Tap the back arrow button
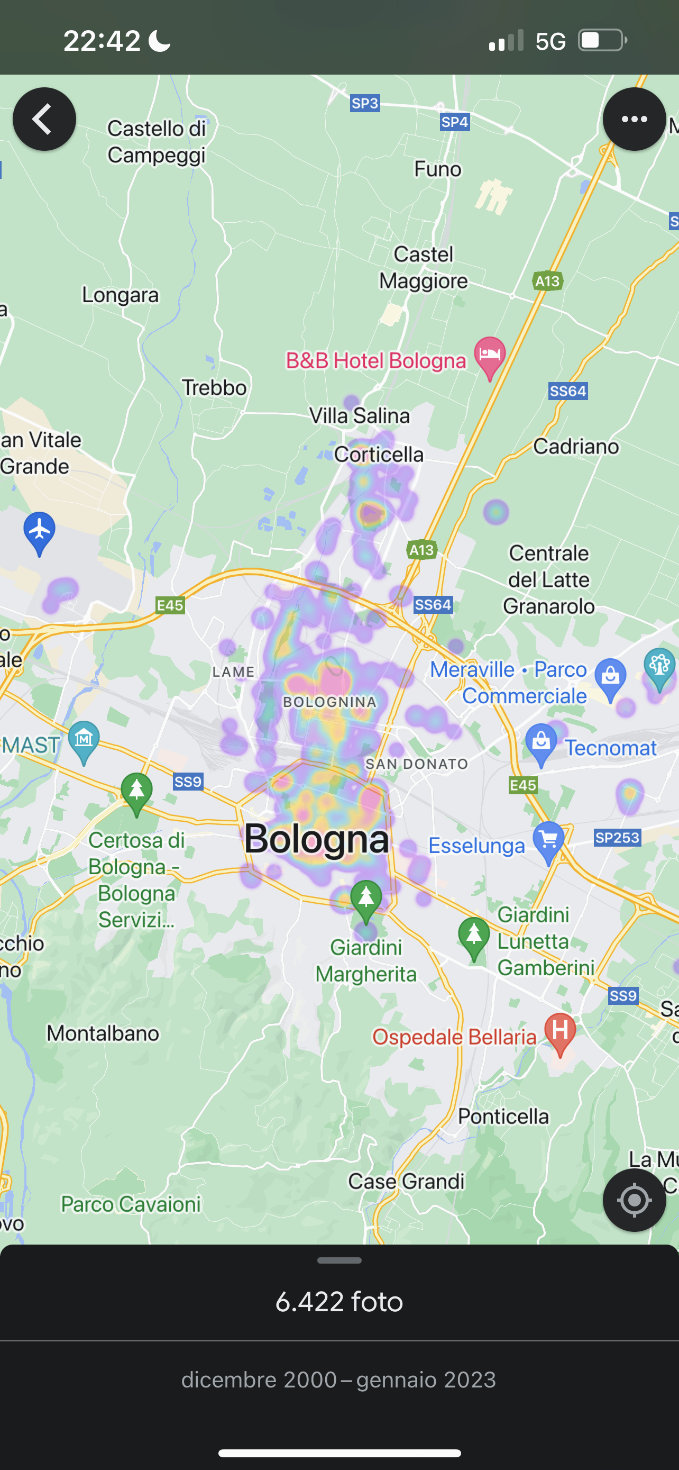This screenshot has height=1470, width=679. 44,119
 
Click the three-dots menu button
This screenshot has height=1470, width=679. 634,119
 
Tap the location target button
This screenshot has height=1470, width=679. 634,1200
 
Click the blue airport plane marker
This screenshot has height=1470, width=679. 39,531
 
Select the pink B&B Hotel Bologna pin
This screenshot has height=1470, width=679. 489,356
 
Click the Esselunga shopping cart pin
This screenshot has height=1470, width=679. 548,840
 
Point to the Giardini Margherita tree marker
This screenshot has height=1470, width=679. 366,899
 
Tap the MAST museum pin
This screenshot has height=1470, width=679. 84,740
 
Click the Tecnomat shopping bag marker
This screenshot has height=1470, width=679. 541,743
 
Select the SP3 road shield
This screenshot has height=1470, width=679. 365,103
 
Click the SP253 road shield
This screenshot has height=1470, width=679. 617,837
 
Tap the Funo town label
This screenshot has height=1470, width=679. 437,169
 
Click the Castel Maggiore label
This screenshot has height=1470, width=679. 424,268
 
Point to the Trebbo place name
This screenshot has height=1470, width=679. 214,387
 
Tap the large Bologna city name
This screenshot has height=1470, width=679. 316,838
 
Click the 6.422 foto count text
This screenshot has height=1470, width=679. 339,1302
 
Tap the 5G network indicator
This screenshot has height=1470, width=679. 550,41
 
